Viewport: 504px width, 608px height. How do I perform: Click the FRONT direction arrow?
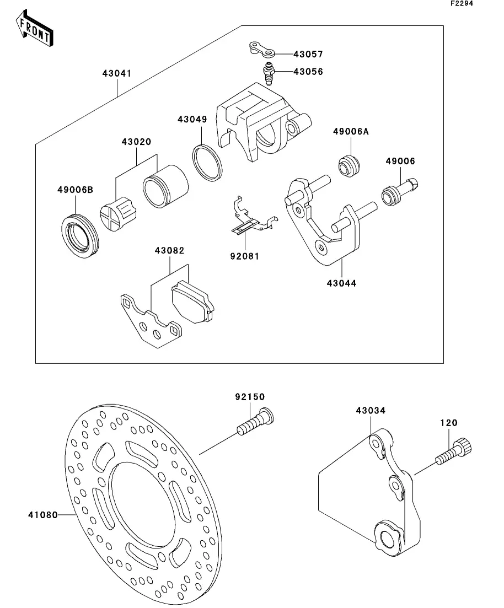click(35, 30)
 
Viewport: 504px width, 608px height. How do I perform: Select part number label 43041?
click(116, 73)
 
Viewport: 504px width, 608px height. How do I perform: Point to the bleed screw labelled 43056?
click(268, 74)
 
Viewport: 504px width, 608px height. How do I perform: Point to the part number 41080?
click(42, 515)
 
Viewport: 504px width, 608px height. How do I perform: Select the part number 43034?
click(371, 411)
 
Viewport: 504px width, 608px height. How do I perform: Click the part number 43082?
click(169, 251)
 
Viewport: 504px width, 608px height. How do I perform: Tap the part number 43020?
click(136, 142)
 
